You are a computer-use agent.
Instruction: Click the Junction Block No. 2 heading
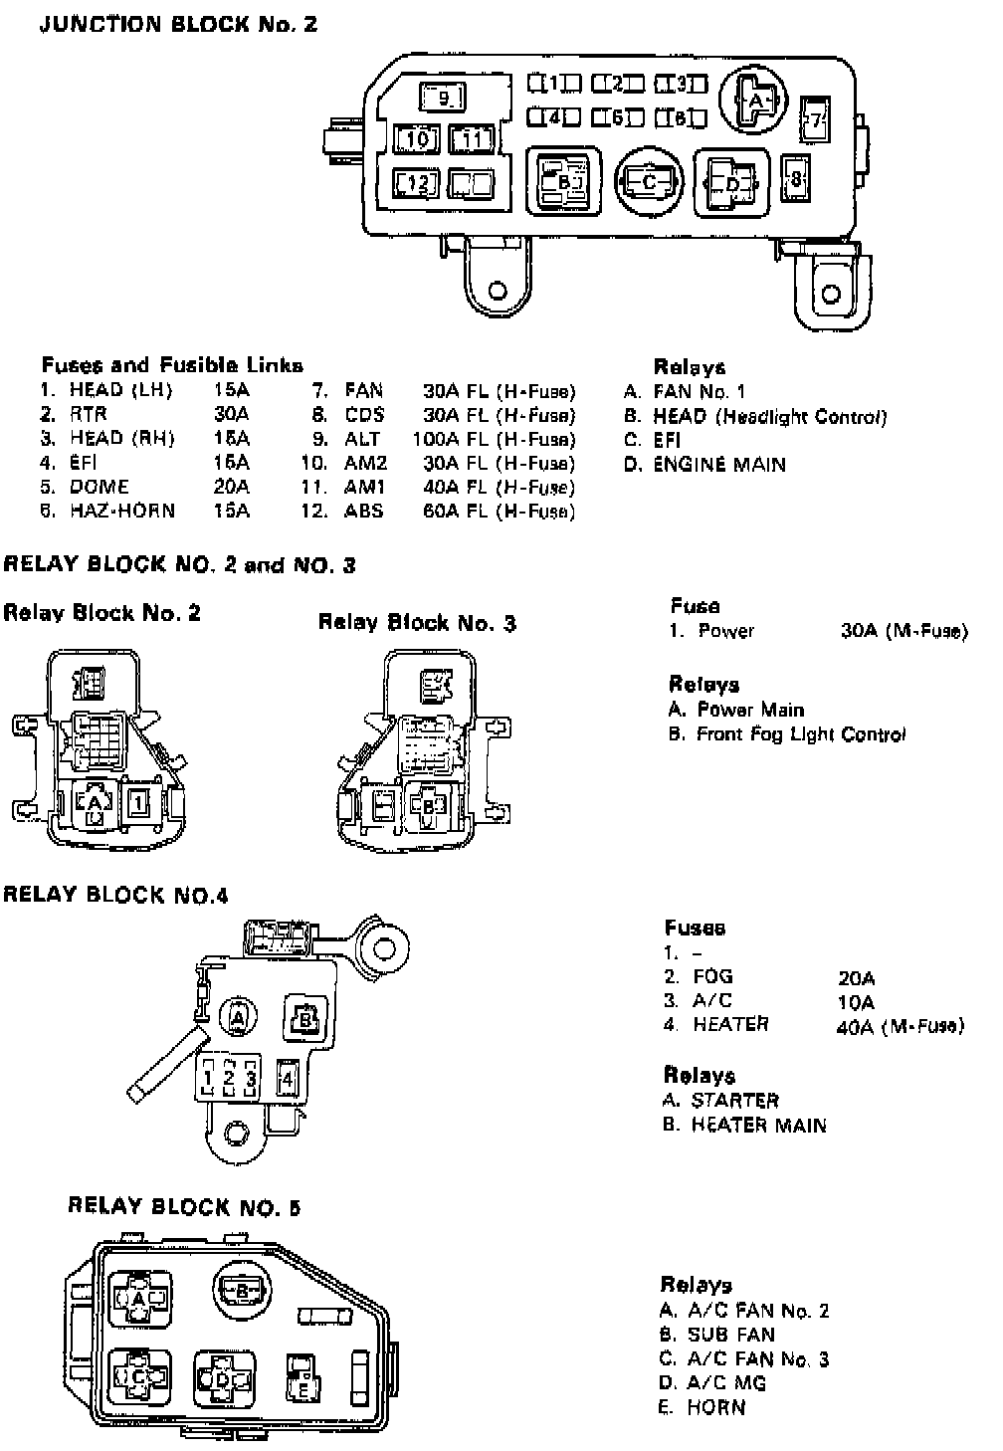click(178, 24)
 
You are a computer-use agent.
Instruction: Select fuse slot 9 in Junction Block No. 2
click(445, 98)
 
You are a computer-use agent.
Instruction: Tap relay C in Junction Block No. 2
click(650, 182)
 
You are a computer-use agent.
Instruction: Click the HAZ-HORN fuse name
click(121, 512)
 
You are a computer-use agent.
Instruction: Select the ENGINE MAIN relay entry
click(718, 465)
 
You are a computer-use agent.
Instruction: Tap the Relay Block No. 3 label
click(416, 624)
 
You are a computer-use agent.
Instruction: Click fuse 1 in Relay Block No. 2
click(139, 801)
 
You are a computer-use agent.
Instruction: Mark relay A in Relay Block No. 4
click(239, 1017)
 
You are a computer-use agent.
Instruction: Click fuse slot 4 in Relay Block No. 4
click(288, 1077)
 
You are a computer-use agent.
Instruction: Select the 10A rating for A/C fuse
click(856, 1002)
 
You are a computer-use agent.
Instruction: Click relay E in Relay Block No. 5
click(301, 1380)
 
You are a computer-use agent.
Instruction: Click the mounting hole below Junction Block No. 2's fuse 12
click(498, 292)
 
